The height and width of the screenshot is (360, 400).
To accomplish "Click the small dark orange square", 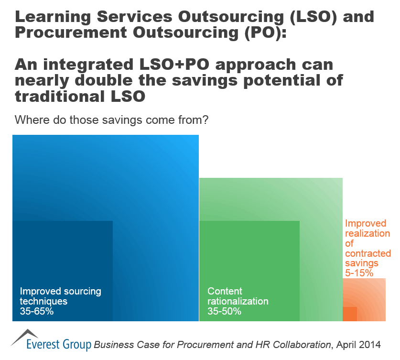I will click(x=350, y=314).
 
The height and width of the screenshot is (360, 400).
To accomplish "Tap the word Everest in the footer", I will click(x=45, y=344).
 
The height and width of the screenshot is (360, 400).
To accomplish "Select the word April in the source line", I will click(x=346, y=344).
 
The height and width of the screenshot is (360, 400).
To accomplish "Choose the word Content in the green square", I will click(x=225, y=291).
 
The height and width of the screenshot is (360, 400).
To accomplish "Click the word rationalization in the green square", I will click(x=238, y=302).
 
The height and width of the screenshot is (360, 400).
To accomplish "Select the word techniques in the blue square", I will click(x=43, y=302).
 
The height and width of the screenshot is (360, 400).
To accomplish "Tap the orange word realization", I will click(x=367, y=233).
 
